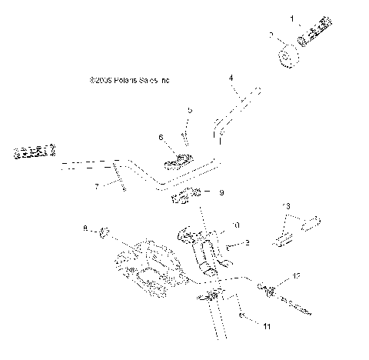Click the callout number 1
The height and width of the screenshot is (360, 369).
[x=291, y=17]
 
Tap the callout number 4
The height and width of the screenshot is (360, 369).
[x=230, y=78]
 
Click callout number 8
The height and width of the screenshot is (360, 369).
[x=85, y=228]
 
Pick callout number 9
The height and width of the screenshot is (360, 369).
[x=221, y=193]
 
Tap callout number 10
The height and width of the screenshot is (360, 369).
[x=236, y=225]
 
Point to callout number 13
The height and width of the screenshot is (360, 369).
[x=287, y=206]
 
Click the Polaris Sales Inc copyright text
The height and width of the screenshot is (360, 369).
[x=128, y=78]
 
